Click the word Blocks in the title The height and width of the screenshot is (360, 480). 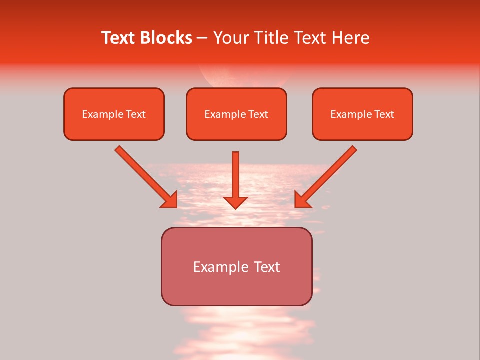pyautogui.click(x=167, y=38)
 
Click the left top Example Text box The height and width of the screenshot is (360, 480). pyautogui.click(x=114, y=114)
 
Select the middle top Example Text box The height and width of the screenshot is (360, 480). pyautogui.click(x=236, y=114)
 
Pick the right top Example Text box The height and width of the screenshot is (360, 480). pyautogui.click(x=362, y=114)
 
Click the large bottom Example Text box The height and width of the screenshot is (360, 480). pyautogui.click(x=236, y=266)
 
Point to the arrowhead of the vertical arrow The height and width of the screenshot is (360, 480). pyautogui.click(x=235, y=202)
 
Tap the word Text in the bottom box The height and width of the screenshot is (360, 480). pyautogui.click(x=267, y=267)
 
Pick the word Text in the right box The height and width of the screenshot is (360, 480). pyautogui.click(x=384, y=114)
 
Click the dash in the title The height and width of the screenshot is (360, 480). pyautogui.click(x=202, y=38)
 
